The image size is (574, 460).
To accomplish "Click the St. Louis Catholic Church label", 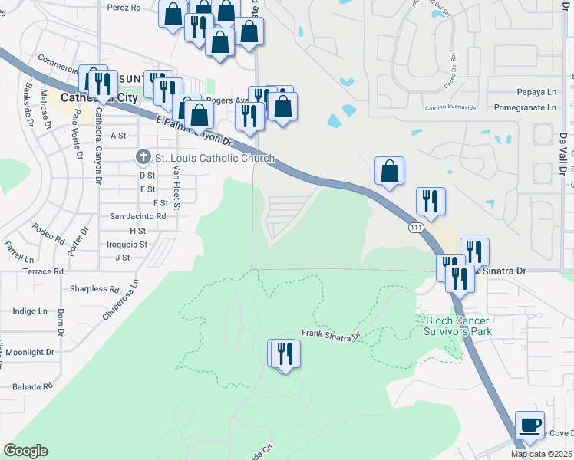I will tap(215, 159).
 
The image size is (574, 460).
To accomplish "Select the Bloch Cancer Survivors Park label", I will tap(458, 326).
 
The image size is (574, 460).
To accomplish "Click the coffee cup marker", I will tap(529, 425).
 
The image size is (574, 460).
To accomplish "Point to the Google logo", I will tap(25, 451).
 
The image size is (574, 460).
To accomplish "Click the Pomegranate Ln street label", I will tap(525, 108).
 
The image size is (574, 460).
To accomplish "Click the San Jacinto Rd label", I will tap(138, 216).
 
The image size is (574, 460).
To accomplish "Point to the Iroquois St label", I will tap(127, 244).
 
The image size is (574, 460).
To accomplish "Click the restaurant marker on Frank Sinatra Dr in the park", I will tap(285, 354).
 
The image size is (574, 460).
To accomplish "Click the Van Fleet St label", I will tap(176, 189).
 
